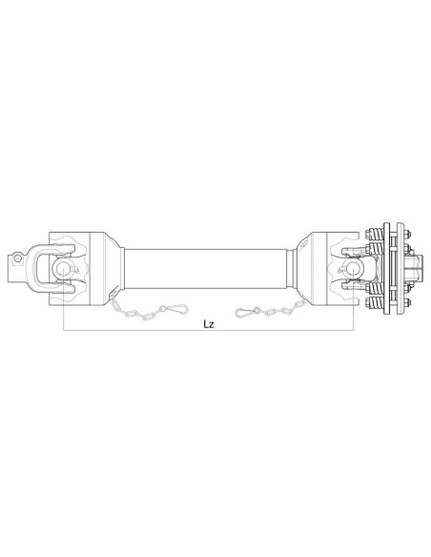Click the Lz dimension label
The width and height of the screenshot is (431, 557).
209,322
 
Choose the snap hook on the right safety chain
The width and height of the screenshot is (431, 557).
250,308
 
